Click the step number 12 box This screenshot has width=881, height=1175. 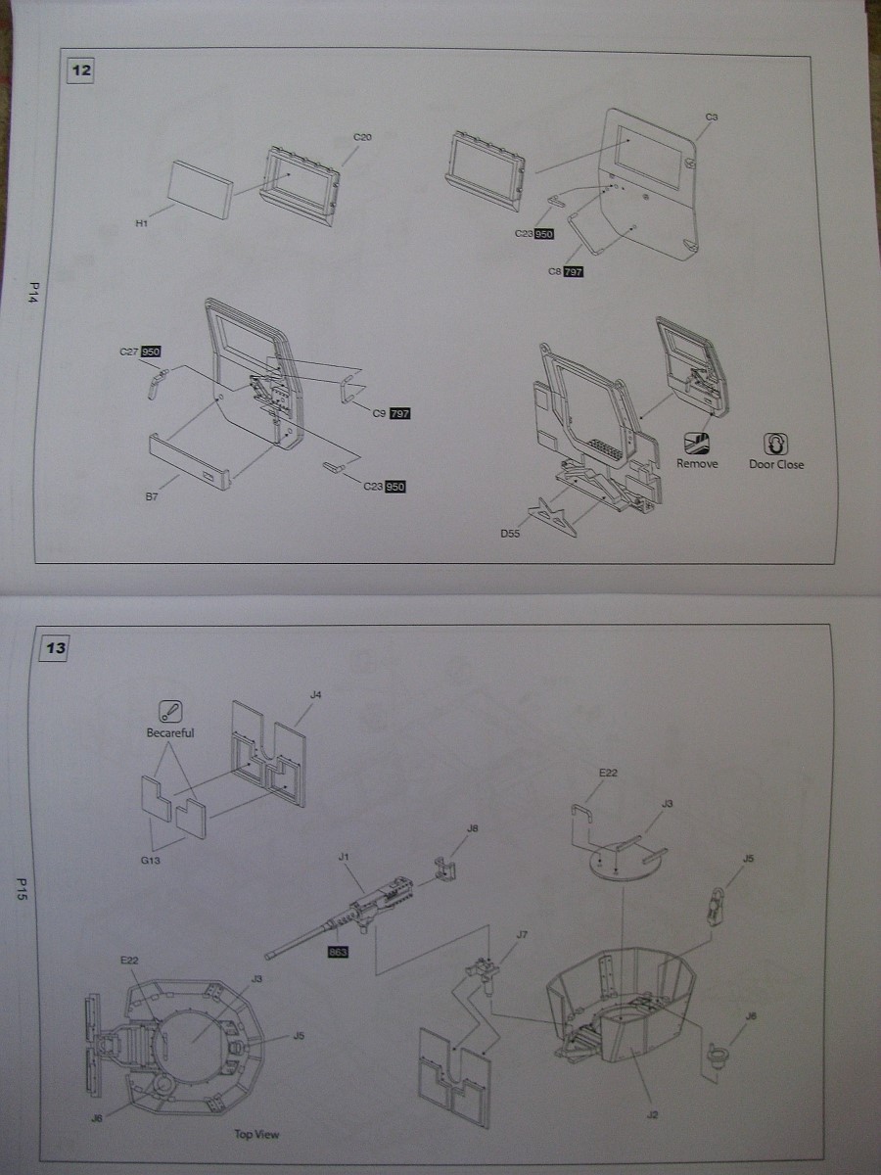(81, 70)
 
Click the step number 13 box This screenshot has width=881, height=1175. (57, 648)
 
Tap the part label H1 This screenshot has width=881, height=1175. (141, 223)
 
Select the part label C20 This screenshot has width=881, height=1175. (362, 137)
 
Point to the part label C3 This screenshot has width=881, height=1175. (712, 117)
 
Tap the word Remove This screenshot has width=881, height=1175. (697, 464)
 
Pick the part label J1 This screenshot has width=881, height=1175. (344, 857)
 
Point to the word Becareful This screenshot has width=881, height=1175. (169, 732)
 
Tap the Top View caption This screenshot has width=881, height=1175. (256, 1135)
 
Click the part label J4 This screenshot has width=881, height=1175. (315, 695)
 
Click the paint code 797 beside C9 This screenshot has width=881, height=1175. (399, 414)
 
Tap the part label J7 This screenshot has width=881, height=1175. (522, 935)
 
